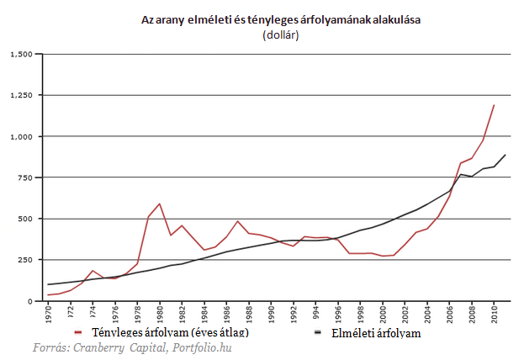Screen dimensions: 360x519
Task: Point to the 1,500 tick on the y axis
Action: pos(21,55)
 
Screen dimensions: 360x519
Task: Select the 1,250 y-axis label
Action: pos(21,96)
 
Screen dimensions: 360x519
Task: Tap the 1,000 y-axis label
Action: pos(21,137)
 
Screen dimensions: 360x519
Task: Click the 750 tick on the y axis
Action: pos(25,178)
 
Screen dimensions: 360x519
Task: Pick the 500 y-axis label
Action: pos(25,219)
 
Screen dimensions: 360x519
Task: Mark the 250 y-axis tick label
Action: pos(25,260)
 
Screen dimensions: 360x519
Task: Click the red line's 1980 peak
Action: pos(160,204)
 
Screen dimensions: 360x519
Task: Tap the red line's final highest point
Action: pos(494,105)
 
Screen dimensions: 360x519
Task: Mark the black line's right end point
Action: pos(505,155)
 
